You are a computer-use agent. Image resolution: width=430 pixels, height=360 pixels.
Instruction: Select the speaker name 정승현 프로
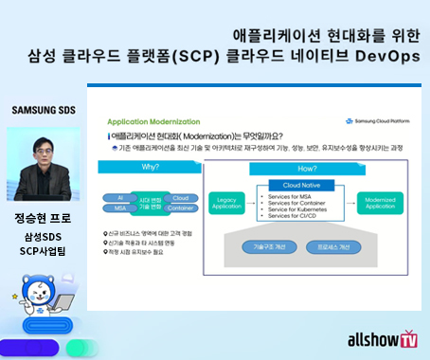45,218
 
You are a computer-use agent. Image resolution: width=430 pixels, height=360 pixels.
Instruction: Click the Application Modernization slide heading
151,122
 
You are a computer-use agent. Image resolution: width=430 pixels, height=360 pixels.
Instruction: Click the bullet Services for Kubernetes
295,209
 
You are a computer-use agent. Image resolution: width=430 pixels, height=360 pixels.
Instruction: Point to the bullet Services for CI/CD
288,217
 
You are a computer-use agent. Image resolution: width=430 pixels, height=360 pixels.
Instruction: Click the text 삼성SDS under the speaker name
45,236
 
